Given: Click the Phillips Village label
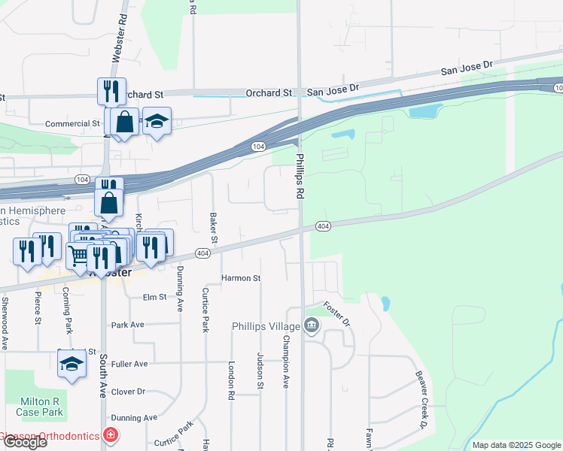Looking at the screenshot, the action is click(x=266, y=325).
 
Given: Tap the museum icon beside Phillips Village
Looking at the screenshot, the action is click(x=312, y=325).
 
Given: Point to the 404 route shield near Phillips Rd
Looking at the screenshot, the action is click(x=323, y=226).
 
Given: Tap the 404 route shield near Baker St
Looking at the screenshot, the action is click(x=202, y=253).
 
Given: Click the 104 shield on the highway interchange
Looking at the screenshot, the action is click(x=258, y=146).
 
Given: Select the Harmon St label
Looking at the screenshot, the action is click(x=241, y=278).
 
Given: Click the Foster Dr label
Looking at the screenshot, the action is click(x=336, y=314).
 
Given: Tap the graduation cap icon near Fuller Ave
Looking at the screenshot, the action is click(x=72, y=364).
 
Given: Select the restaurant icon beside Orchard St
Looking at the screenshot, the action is click(x=111, y=90).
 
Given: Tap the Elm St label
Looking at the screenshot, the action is click(x=154, y=298).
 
